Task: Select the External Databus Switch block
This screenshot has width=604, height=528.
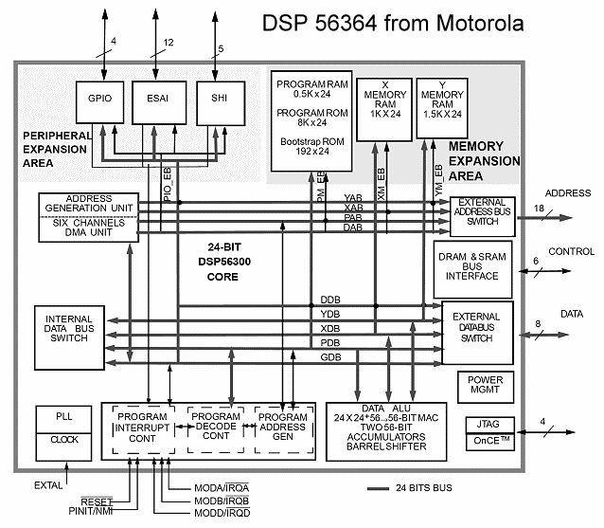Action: (477, 330)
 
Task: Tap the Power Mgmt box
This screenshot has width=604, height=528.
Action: (485, 386)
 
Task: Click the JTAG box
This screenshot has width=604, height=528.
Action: (488, 424)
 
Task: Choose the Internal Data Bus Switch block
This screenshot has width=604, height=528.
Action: (73, 337)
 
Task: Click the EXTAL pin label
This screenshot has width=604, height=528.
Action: (48, 485)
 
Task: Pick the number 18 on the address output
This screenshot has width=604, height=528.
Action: (538, 208)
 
